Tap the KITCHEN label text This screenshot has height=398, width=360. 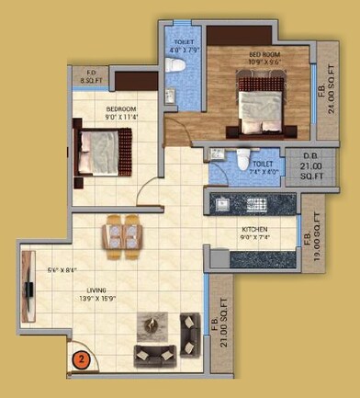click(254, 229)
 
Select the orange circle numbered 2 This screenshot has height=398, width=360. click(82, 359)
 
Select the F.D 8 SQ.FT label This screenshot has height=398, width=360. click(91, 77)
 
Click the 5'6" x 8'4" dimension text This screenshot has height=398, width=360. click(61, 270)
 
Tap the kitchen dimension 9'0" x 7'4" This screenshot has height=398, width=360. click(254, 237)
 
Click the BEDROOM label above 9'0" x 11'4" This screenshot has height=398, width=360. click(120, 108)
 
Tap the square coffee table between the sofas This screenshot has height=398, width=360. click(152, 325)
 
